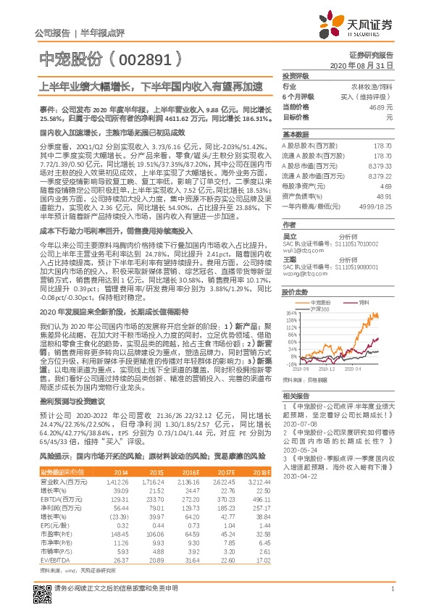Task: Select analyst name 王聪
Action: coord(289,259)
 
